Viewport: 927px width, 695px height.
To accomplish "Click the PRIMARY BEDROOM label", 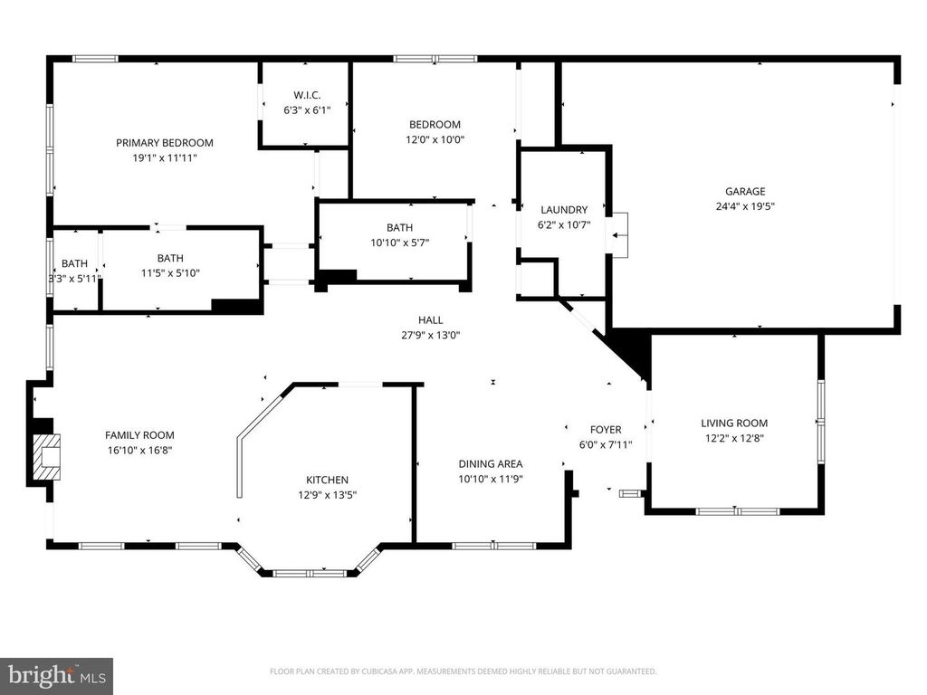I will tap(165, 143).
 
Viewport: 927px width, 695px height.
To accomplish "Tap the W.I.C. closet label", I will tap(307, 96).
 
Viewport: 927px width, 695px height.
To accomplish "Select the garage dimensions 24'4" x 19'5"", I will tap(745, 205).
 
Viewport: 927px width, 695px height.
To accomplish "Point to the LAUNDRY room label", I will tap(564, 210).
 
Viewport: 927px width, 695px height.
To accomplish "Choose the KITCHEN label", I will tap(327, 480).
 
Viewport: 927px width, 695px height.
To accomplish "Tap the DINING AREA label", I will tap(491, 464).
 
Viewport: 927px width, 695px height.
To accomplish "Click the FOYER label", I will tap(606, 430).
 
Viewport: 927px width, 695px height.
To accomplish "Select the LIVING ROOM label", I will tap(734, 423).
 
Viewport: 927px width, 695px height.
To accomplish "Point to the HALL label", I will tap(430, 319).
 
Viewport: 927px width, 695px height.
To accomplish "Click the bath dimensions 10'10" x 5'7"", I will tap(399, 243).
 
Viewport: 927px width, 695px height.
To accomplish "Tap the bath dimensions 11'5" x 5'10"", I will tap(170, 272).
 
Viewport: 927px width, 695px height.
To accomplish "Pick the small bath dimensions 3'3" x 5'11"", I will tap(74, 278).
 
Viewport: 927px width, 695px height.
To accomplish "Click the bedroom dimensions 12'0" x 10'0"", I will tap(435, 139).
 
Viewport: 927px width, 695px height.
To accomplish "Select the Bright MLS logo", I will tap(56, 675).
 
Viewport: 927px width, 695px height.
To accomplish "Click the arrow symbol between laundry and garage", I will tap(619, 236).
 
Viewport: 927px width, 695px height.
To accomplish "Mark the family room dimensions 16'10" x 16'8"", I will tap(139, 450).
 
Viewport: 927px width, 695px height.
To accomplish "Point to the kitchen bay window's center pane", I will tap(311, 573).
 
